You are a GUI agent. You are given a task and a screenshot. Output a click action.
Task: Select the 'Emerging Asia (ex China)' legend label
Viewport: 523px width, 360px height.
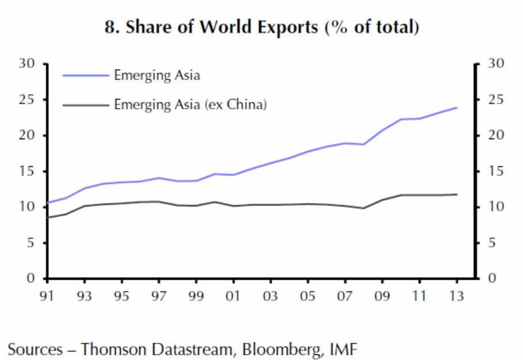pos(190,105)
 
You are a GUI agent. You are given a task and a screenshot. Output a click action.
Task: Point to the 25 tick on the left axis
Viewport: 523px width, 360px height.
pos(29,99)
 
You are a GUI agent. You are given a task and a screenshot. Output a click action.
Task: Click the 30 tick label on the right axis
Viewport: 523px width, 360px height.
pos(495,63)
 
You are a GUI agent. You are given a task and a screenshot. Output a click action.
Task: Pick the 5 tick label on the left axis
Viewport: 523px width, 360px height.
pos(32,243)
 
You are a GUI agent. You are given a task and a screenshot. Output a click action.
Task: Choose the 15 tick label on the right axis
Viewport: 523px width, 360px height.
pos(495,171)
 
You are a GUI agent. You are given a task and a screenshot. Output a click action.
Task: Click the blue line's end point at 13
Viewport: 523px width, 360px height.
pos(456,108)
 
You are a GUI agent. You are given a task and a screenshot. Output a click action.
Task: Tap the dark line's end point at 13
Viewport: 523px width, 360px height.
pos(456,194)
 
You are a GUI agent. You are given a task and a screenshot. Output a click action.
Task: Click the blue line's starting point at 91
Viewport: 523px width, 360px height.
pos(48,202)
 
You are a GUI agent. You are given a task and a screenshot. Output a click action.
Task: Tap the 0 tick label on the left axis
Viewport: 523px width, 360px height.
pos(32,279)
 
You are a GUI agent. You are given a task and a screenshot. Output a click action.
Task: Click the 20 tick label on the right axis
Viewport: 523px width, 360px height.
pos(495,136)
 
